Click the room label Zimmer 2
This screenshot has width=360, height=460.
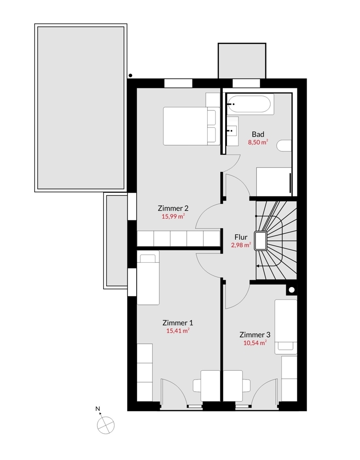click(173, 208)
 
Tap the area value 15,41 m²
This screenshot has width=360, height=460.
click(178, 330)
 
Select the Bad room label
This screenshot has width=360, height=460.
click(258, 134)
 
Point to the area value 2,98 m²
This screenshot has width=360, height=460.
click(241, 245)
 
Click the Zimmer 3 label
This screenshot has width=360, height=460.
click(255, 334)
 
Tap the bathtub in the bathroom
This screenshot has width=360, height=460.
click(249, 104)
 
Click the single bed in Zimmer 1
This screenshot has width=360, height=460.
click(148, 279)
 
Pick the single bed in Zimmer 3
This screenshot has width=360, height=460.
click(285, 327)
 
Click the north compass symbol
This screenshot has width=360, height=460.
click(105, 424)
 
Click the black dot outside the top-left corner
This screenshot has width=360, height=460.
click(131, 75)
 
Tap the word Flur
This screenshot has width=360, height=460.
click(241, 238)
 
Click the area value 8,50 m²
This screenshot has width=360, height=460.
click(258, 142)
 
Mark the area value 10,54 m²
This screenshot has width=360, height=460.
click(255, 343)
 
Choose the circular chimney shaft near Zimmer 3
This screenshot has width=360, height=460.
click(291, 290)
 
